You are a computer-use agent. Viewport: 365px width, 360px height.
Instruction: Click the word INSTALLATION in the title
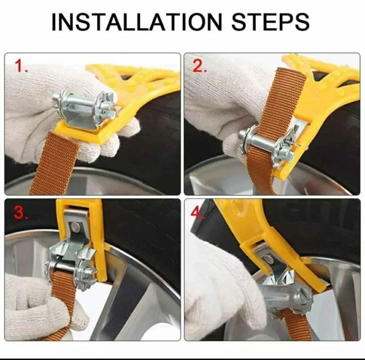[x=137, y=22]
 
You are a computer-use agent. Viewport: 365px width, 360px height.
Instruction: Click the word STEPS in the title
[x=270, y=22]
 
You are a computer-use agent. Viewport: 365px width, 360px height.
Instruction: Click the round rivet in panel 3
[x=75, y=227]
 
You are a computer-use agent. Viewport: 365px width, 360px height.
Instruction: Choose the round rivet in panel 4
[x=267, y=260]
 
